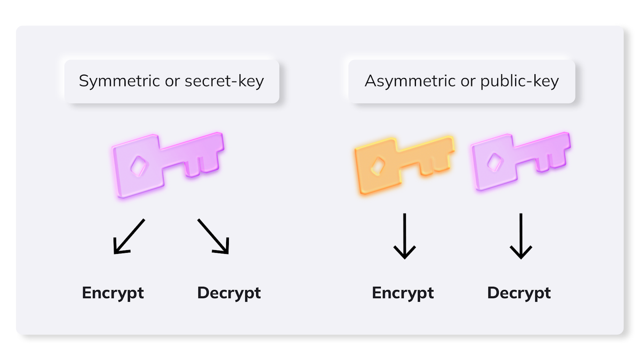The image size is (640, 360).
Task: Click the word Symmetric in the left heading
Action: point(119,81)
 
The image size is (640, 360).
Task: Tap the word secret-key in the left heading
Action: point(225,81)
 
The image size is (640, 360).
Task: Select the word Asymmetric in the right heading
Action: point(410,81)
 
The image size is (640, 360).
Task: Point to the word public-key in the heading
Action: point(519,81)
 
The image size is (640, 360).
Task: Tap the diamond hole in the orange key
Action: point(378,166)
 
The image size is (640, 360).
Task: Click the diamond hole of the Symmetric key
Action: point(139,166)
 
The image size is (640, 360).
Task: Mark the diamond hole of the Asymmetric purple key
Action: point(495,163)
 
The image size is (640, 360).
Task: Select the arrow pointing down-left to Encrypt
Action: point(129,237)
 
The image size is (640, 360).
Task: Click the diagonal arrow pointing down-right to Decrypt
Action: point(213,237)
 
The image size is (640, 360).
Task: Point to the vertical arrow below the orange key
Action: point(405,236)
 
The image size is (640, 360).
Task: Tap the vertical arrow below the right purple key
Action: point(521,236)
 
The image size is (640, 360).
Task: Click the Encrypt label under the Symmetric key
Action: point(113,293)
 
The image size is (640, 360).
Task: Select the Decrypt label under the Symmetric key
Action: point(229,293)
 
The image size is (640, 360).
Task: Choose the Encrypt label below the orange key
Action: point(403,293)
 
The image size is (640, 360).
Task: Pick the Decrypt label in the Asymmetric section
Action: point(519,293)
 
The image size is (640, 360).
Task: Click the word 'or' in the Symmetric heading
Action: point(172,82)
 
